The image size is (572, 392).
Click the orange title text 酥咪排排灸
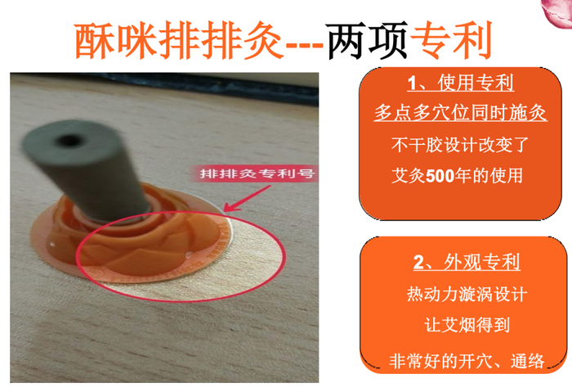(179, 40)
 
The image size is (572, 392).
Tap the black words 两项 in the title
(368, 40)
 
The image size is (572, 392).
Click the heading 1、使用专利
(460, 83)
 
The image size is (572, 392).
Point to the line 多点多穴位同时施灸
(460, 112)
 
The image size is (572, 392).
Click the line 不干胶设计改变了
(460, 145)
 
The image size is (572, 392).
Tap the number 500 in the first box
(440, 176)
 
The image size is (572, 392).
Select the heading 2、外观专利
(467, 262)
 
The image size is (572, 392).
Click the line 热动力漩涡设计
(467, 295)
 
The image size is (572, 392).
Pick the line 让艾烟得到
(467, 325)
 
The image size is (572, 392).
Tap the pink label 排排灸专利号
(257, 173)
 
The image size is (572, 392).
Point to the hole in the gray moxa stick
(68, 140)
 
